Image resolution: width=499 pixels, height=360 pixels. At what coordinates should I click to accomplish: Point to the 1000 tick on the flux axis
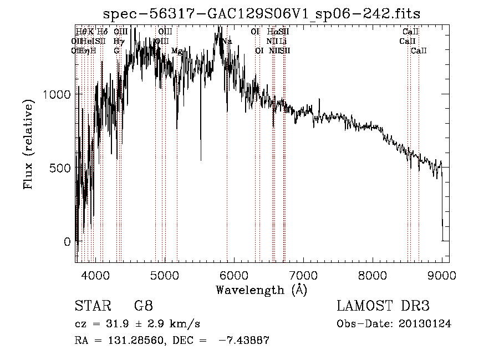58,94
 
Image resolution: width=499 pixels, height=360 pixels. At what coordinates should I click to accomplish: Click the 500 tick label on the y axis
62,168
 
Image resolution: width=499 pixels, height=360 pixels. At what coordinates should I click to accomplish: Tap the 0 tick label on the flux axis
68,242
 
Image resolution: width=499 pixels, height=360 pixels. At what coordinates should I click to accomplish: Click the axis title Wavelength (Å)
261,290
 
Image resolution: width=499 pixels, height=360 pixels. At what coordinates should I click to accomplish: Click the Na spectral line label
227,41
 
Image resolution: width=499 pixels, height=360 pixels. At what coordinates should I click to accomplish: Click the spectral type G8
144,306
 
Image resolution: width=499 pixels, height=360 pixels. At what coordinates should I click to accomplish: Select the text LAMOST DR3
383,306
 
